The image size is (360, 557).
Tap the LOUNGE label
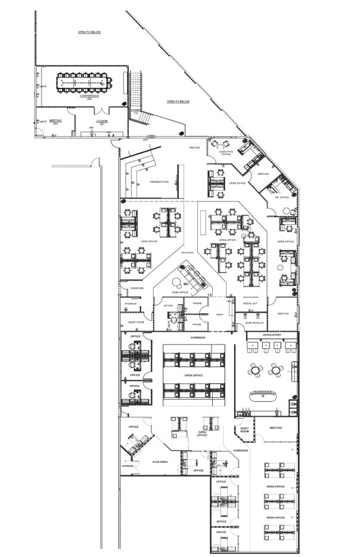click(102, 121)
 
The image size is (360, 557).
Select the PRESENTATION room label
click(159, 182)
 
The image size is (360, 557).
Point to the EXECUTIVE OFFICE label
click(225, 153)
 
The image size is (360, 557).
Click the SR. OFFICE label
click(281, 197)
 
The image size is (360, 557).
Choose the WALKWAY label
click(187, 253)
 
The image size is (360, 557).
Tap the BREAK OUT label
click(250, 304)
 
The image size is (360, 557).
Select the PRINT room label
click(219, 314)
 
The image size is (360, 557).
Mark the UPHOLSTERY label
click(272, 335)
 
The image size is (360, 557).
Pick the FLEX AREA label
click(159, 462)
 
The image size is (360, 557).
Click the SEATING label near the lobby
click(194, 147)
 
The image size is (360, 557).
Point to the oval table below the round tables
click(262, 395)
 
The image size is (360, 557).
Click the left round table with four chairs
click(256, 370)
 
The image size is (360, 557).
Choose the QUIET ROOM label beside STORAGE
click(136, 322)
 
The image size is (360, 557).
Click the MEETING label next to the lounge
click(55, 120)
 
